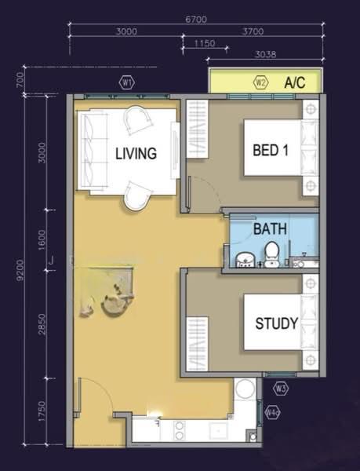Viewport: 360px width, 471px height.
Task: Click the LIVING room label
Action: tap(136, 153)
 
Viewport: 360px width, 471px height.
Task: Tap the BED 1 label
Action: tap(271, 150)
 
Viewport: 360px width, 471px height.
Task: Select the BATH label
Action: tap(270, 229)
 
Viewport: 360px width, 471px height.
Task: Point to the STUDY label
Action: tap(277, 323)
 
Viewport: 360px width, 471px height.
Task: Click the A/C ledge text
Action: tap(295, 82)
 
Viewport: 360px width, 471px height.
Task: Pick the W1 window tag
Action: tap(127, 83)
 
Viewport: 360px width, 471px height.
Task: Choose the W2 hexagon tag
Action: tap(261, 82)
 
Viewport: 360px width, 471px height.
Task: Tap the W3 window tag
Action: tap(281, 389)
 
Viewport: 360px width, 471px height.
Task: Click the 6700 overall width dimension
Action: tap(196, 20)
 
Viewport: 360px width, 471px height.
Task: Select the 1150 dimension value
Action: tap(205, 43)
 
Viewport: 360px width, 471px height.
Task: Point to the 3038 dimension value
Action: tap(266, 54)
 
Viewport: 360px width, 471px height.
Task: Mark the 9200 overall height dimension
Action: tap(20, 270)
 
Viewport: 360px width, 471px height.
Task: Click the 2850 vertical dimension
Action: tap(42, 324)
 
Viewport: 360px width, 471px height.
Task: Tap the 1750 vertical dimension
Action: tap(42, 411)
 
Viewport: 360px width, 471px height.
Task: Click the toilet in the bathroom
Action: tap(272, 254)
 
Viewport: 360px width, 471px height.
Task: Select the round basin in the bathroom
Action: tap(245, 260)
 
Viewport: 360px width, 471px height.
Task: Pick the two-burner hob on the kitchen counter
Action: tap(180, 430)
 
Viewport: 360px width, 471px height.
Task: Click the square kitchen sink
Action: tap(218, 431)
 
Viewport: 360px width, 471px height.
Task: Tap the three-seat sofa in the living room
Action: tap(93, 151)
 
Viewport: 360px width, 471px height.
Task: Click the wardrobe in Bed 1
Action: tap(198, 129)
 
